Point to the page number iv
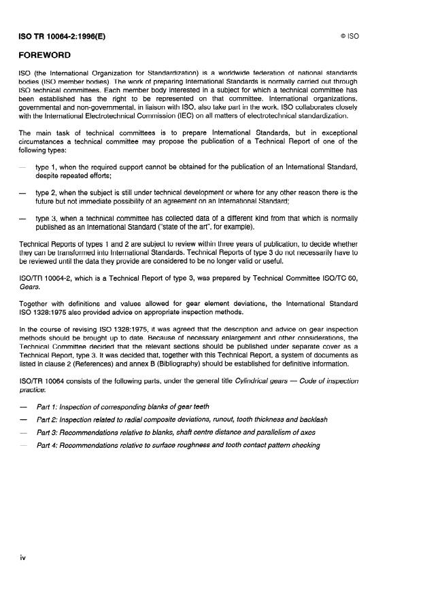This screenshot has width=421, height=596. (23, 557)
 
